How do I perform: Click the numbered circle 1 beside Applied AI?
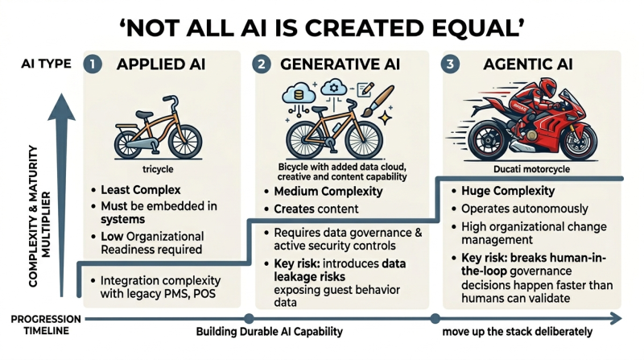[93, 64]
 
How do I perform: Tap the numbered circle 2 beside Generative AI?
[262, 64]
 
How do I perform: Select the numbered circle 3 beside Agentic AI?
[450, 64]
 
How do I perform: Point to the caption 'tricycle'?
[158, 169]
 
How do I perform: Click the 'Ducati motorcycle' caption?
[531, 169]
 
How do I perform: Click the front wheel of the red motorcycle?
[578, 141]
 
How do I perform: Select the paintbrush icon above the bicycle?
[378, 101]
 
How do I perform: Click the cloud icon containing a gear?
[333, 87]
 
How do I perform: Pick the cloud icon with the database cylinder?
[299, 93]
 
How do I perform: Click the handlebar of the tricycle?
[171, 102]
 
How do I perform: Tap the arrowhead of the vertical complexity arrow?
[62, 106]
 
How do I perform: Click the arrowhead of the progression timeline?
[616, 318]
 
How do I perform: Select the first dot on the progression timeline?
[249, 318]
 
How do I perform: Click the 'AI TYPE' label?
[46, 64]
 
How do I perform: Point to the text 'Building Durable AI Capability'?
[270, 332]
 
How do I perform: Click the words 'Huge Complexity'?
[508, 191]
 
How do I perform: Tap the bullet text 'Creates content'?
[316, 209]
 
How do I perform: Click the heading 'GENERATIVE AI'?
[340, 64]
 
